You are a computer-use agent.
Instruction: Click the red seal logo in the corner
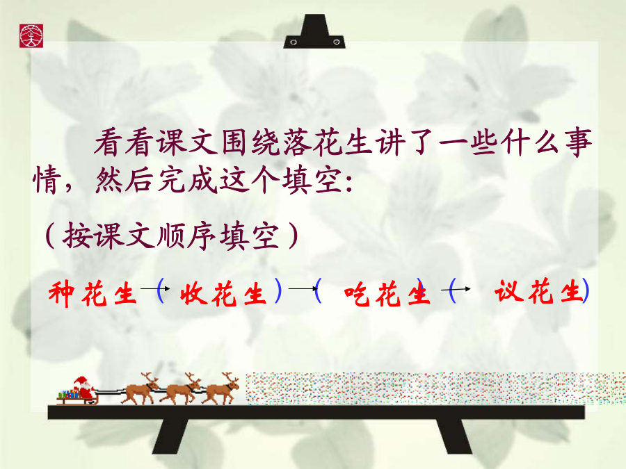click(31, 36)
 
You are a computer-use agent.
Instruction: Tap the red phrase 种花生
click(93, 293)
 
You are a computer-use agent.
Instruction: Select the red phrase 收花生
click(223, 293)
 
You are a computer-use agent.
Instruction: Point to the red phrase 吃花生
click(387, 293)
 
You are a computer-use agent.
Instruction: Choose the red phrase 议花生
click(538, 292)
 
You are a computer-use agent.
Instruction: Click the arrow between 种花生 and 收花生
click(155, 288)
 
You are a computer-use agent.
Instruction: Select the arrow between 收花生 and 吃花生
click(303, 288)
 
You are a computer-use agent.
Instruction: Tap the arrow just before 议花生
click(456, 289)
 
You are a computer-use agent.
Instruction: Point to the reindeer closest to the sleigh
click(141, 388)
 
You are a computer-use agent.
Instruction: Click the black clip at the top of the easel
click(314, 31)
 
